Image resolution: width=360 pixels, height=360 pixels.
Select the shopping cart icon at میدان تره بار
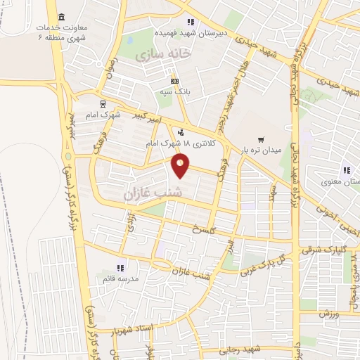[x=261, y=139]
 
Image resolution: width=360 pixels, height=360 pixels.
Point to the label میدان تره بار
[x=261, y=150]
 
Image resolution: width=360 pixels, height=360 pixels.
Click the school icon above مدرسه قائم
[x=121, y=267]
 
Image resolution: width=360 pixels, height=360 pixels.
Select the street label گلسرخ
[x=210, y=230]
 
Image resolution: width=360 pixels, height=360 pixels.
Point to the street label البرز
[x=229, y=247]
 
